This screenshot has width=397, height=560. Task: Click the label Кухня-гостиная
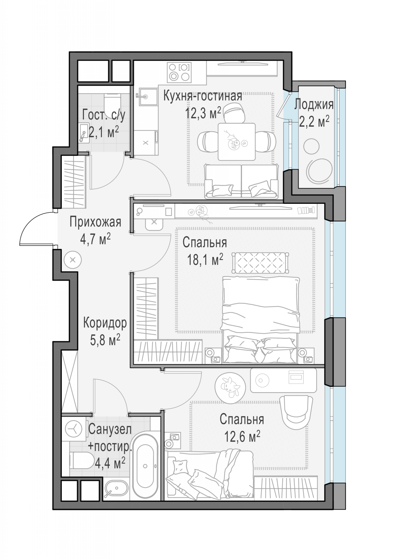point(203,96)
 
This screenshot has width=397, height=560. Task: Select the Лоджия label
point(314,105)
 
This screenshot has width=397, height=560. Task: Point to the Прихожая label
point(95,222)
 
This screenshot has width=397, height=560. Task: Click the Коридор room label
point(105,323)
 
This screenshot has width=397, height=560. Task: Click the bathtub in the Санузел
point(145,466)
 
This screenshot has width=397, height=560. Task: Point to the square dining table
point(237,142)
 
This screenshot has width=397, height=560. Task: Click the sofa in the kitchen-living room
point(241,181)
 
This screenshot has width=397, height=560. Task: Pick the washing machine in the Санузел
point(73,429)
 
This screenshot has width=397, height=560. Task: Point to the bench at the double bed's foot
point(260,263)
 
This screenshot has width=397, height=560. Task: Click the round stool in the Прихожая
point(73,260)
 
